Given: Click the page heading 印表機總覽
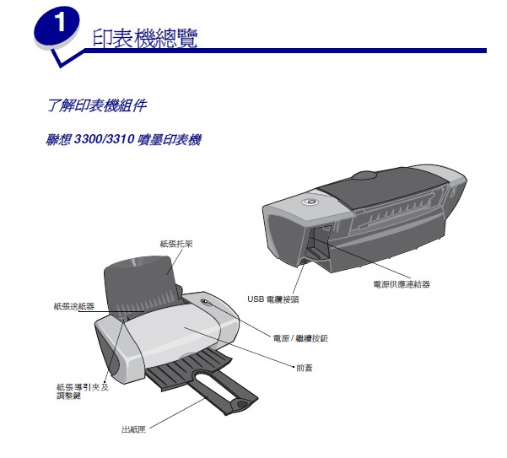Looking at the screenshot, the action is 145,38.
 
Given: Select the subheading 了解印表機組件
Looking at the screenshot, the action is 97,105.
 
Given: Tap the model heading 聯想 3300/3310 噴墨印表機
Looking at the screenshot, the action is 123,139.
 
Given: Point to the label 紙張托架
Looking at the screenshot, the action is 176,244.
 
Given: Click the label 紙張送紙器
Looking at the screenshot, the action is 74,306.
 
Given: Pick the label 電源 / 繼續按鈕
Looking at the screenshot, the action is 300,338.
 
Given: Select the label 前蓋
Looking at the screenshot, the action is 305,368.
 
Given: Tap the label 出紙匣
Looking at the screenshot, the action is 133,429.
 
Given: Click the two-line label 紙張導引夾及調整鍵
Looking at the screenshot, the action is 83,391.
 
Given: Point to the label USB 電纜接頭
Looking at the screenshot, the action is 272,299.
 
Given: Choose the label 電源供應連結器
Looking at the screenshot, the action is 402,284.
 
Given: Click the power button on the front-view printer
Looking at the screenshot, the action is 206,302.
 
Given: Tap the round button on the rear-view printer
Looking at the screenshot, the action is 310,202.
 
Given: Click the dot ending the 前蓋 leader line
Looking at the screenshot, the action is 294,367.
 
